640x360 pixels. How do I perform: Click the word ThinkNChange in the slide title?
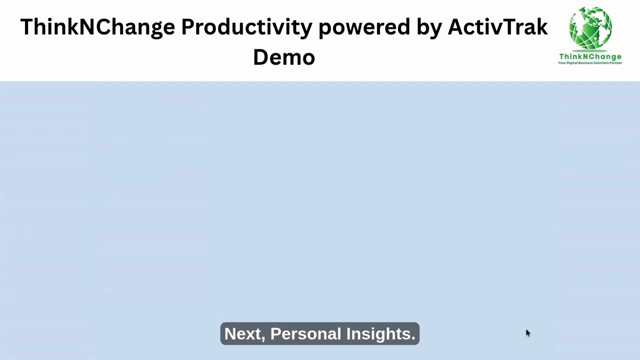97,27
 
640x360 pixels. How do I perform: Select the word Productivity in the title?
246,27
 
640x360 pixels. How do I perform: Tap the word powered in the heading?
364,27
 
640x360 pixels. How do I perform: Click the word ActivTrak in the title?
497,27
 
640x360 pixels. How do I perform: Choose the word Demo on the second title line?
283,57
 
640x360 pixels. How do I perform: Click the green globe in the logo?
590,27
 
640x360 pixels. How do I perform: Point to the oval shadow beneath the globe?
590,50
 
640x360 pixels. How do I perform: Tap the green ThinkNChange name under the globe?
590,56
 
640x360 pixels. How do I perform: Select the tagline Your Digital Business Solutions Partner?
590,63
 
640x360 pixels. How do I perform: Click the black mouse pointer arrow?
527,333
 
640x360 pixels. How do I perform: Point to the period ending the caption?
413,338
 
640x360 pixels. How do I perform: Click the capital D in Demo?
261,57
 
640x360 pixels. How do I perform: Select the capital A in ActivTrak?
455,27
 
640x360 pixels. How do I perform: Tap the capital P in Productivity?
188,27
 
